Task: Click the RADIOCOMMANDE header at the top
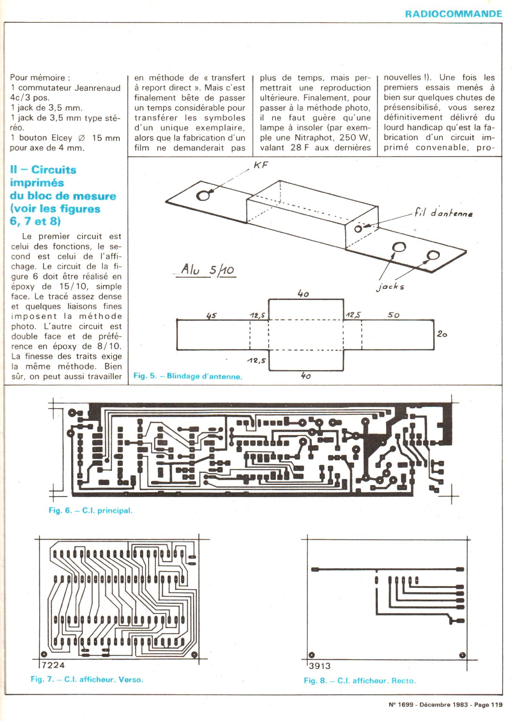[453, 14]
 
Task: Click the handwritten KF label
[260, 165]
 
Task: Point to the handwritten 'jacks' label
[390, 287]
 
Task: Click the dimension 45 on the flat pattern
[211, 315]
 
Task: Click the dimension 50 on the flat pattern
[394, 315]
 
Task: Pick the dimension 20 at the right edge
[442, 334]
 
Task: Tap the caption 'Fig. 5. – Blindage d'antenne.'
[188, 376]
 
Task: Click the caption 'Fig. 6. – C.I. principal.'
[90, 510]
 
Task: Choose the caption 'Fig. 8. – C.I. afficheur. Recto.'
[360, 680]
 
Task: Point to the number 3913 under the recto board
[319, 666]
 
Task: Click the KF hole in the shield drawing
[203, 195]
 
